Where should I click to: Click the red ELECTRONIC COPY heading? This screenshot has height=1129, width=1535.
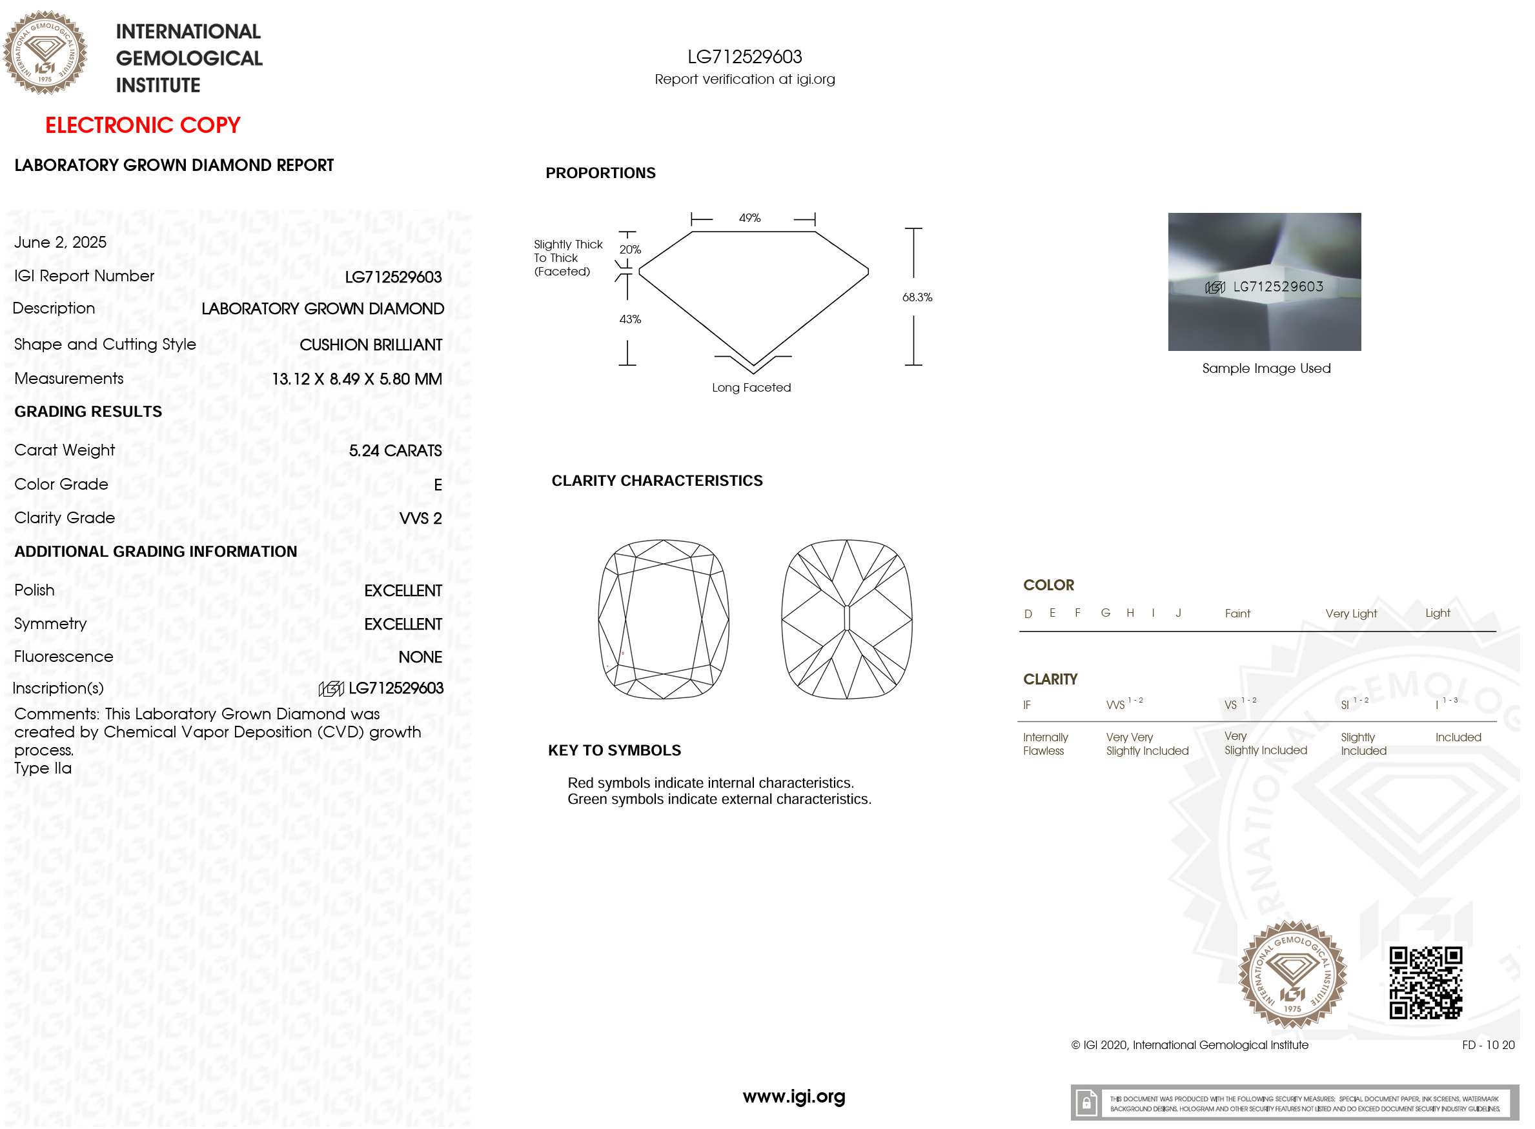tap(143, 125)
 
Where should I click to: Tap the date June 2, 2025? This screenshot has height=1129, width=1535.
tap(60, 243)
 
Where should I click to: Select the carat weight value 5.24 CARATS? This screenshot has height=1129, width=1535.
tap(395, 451)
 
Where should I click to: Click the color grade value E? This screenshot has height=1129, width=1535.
tap(438, 485)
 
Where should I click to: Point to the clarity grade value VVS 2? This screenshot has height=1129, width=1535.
tap(420, 519)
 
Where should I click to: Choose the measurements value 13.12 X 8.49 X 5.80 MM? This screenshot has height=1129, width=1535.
tap(357, 379)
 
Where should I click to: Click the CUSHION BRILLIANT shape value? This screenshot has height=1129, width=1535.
tap(371, 345)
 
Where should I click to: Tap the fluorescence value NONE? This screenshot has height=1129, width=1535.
tap(420, 657)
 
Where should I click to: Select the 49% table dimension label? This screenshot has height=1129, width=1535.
tap(749, 218)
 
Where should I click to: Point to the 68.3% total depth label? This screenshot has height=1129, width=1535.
tap(917, 297)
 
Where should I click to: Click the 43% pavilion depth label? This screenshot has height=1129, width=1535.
tap(630, 319)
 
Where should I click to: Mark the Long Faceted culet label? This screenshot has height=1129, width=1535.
tap(751, 388)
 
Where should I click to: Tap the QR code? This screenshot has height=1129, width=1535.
tap(1426, 983)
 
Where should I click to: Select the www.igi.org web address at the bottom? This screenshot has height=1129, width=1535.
tap(794, 1097)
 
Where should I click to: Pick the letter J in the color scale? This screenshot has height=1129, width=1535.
tap(1178, 613)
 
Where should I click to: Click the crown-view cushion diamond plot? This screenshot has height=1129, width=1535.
tap(663, 619)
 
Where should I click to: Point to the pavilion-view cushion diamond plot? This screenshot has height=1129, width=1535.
tap(846, 619)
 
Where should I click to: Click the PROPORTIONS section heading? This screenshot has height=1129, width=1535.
tap(600, 173)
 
